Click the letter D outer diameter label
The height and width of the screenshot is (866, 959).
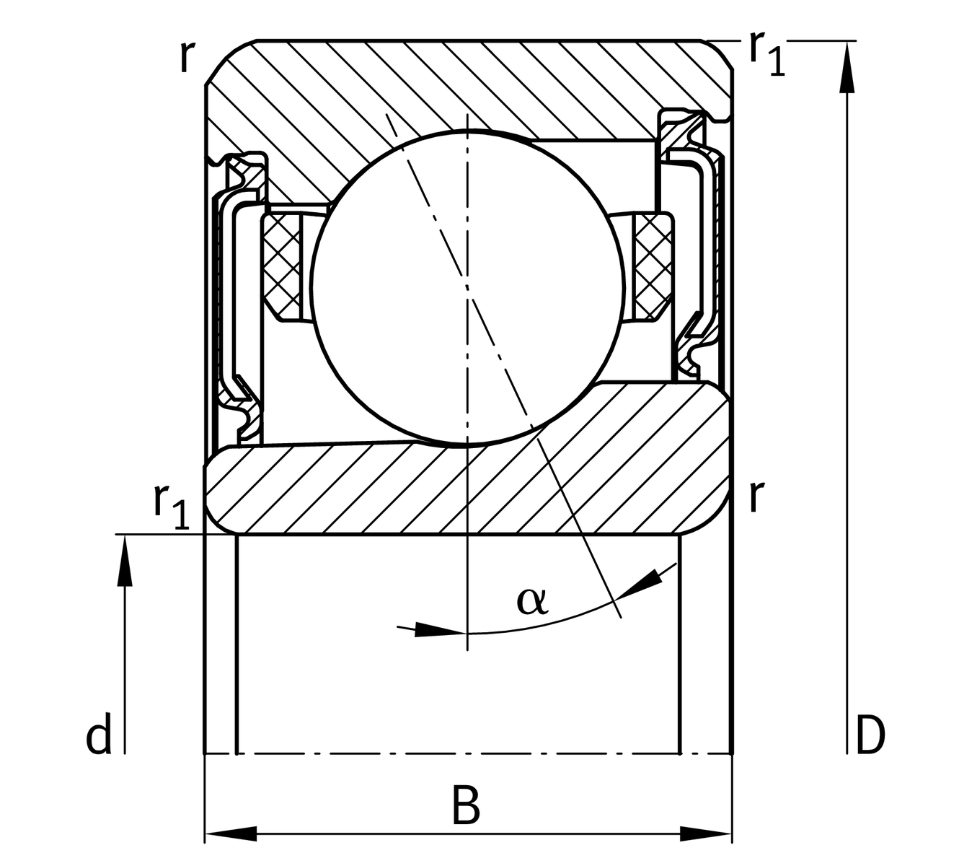(870, 737)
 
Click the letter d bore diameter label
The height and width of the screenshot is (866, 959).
(99, 737)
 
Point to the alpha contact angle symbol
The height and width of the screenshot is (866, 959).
(532, 600)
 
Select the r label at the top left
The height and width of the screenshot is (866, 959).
(186, 58)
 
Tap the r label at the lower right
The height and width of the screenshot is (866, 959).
(755, 497)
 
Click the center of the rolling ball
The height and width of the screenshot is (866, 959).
(467, 287)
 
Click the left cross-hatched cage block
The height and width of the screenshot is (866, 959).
(282, 267)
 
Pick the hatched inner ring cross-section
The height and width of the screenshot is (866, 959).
(469, 491)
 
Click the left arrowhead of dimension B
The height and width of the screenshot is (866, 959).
(231, 834)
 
